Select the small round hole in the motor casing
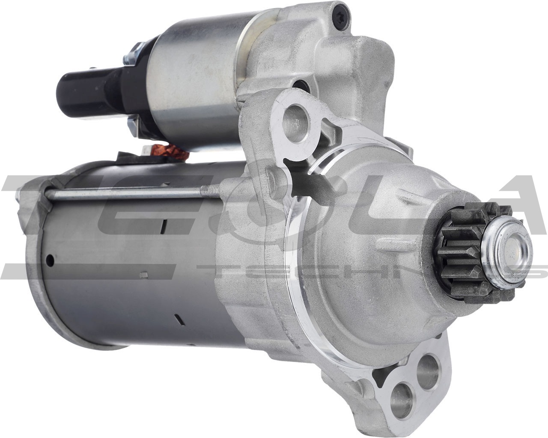(51, 259)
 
